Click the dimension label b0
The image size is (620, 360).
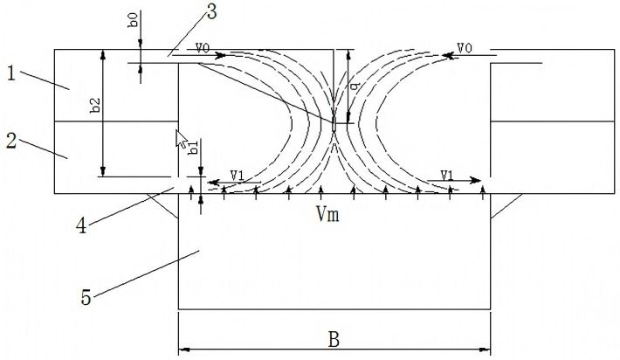pyautogui.click(x=131, y=20)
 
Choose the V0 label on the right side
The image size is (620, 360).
pyautogui.click(x=465, y=49)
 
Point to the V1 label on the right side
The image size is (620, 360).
pyautogui.click(x=447, y=175)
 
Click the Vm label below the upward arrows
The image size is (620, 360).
pyautogui.click(x=330, y=213)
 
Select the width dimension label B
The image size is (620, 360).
pyautogui.click(x=333, y=340)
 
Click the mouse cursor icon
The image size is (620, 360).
pyautogui.click(x=183, y=136)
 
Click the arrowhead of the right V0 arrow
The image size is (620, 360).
pyautogui.click(x=446, y=55)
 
